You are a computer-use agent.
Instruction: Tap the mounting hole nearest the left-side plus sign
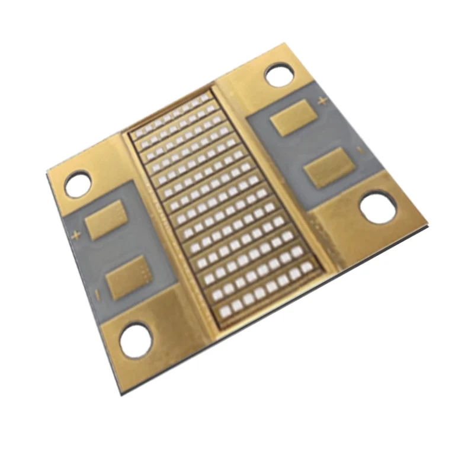[78, 184]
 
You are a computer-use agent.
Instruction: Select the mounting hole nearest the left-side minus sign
[136, 339]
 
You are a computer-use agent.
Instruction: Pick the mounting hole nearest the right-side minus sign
[378, 209]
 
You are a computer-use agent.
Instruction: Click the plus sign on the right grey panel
[322, 102]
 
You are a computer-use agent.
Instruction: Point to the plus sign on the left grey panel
[75, 236]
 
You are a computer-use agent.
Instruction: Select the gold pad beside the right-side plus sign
[292, 117]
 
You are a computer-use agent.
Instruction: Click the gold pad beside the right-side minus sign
[327, 167]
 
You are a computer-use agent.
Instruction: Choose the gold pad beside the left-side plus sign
[105, 219]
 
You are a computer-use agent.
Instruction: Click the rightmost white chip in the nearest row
[306, 268]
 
